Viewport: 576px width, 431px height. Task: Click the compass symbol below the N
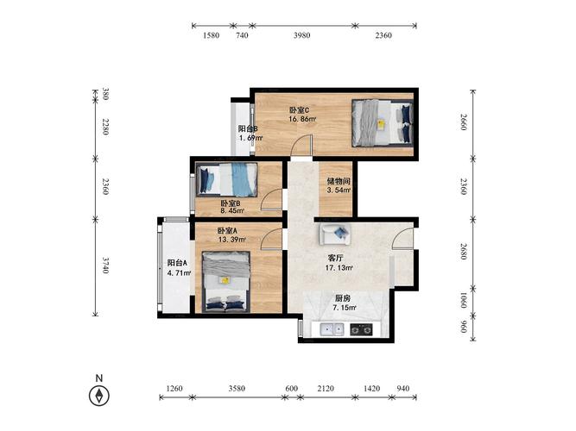99,396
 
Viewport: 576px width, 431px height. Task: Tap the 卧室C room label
300,109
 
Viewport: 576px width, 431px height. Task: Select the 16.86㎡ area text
302,119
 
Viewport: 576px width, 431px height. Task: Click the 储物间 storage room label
339,181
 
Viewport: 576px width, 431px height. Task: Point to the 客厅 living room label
335,259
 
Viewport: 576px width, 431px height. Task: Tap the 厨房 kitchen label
342,298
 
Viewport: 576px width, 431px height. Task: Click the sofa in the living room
335,234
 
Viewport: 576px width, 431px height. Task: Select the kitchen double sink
332,329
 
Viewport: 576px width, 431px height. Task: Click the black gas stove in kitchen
361,329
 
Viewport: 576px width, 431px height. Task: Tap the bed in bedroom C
383,123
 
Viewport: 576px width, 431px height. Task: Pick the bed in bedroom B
226,179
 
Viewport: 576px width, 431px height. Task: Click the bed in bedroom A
226,282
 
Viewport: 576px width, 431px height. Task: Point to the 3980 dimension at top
301,35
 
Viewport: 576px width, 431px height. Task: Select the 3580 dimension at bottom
237,389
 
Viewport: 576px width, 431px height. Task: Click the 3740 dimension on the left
105,265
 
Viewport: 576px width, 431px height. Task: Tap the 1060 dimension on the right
463,301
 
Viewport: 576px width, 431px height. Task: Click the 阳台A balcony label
177,263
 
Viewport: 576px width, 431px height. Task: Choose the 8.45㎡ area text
232,211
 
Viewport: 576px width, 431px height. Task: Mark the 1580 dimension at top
212,35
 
